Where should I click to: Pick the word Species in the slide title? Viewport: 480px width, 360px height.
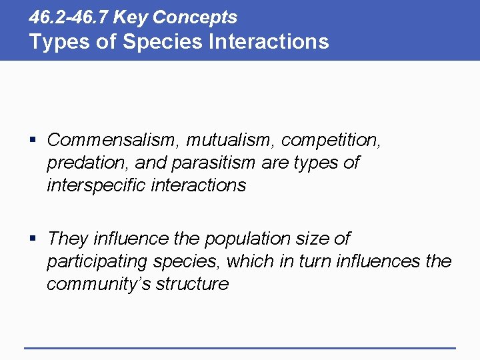(159, 41)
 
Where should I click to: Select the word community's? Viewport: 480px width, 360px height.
(99, 284)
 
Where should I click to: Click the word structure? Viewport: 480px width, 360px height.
(192, 284)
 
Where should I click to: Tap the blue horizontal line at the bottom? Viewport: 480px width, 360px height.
(240, 348)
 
